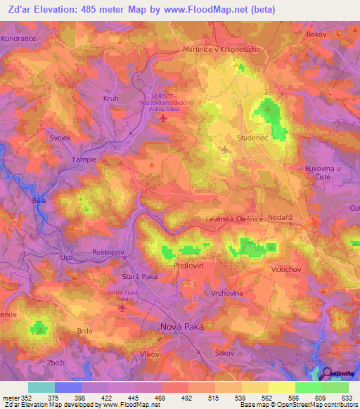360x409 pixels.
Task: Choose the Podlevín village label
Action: (x=189, y=268)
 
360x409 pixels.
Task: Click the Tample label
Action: (x=83, y=160)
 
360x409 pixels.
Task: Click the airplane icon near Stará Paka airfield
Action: (x=123, y=307)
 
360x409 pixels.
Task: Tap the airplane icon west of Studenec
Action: (x=225, y=149)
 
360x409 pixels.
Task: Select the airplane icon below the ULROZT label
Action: (x=164, y=117)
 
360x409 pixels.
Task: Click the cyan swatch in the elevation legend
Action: (x=41, y=387)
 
